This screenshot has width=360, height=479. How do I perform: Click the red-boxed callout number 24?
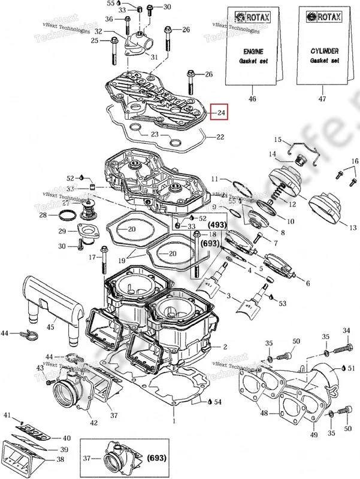click(x=220, y=113)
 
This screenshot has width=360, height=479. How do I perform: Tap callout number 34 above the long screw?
click(x=346, y=331)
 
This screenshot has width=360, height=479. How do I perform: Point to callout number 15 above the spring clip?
click(x=278, y=140)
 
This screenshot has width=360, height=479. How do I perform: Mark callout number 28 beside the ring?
click(x=43, y=215)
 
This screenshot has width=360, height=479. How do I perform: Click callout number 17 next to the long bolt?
click(x=92, y=257)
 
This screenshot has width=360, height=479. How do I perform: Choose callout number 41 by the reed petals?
click(x=8, y=415)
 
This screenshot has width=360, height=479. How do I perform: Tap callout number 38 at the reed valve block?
click(x=60, y=460)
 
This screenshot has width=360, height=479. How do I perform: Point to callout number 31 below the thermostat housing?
click(x=154, y=57)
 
